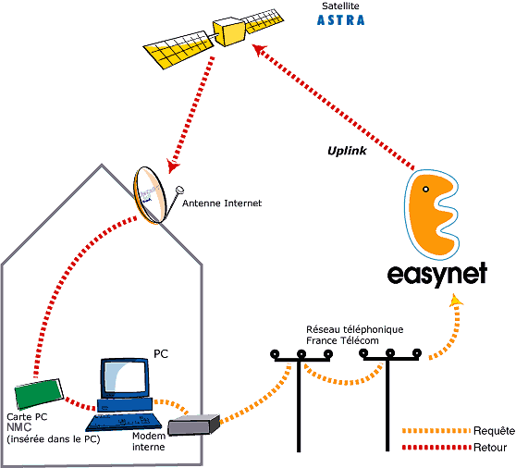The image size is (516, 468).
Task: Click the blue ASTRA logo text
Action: tap(340, 20)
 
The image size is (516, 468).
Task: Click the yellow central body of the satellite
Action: tap(228, 32)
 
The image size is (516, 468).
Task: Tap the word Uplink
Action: tap(347, 151)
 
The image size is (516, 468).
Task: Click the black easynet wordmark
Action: tap(437, 275)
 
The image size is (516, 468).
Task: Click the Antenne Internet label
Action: tap(222, 203)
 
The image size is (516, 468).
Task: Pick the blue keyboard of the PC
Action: tap(124, 423)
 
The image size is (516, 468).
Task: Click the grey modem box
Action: tap(193, 425)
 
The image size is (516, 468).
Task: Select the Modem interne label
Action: tap(149, 441)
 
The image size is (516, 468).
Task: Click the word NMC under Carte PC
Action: tap(19, 427)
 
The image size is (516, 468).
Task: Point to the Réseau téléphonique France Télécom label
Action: tap(355, 335)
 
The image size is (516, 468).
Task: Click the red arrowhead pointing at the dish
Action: tap(172, 166)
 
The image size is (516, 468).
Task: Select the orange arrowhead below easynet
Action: tap(456, 301)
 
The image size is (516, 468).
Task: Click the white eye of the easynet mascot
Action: tap(425, 190)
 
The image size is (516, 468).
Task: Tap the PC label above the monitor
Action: tap(161, 354)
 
